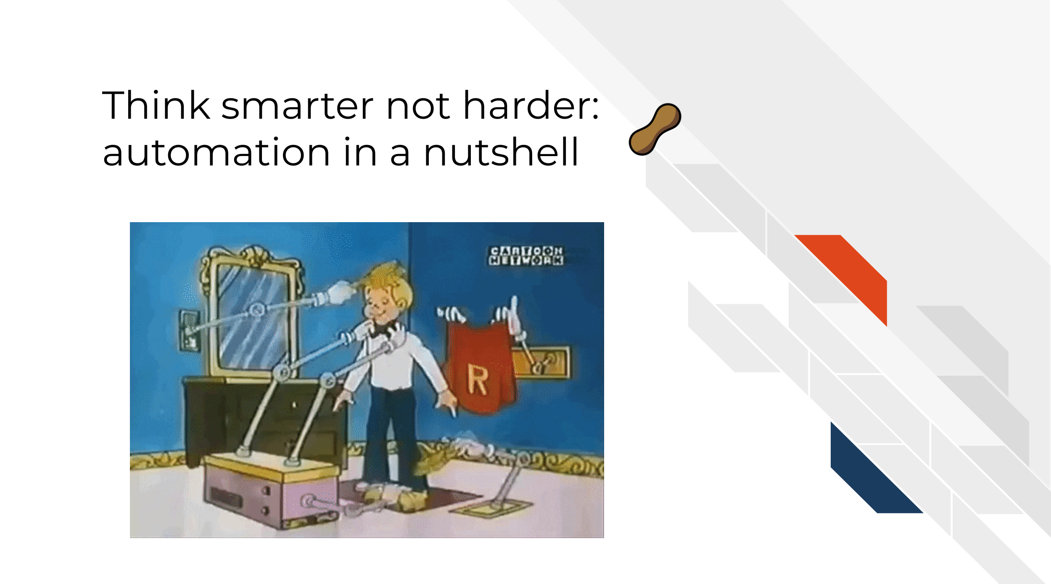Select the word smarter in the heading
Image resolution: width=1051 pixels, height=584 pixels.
(298, 107)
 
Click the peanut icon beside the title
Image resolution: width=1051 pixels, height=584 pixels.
(655, 129)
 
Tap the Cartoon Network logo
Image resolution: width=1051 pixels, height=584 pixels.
(526, 256)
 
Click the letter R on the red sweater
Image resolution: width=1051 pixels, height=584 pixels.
(478, 380)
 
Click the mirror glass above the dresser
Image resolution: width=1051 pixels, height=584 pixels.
(252, 320)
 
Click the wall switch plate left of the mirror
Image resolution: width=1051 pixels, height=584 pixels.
(189, 331)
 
